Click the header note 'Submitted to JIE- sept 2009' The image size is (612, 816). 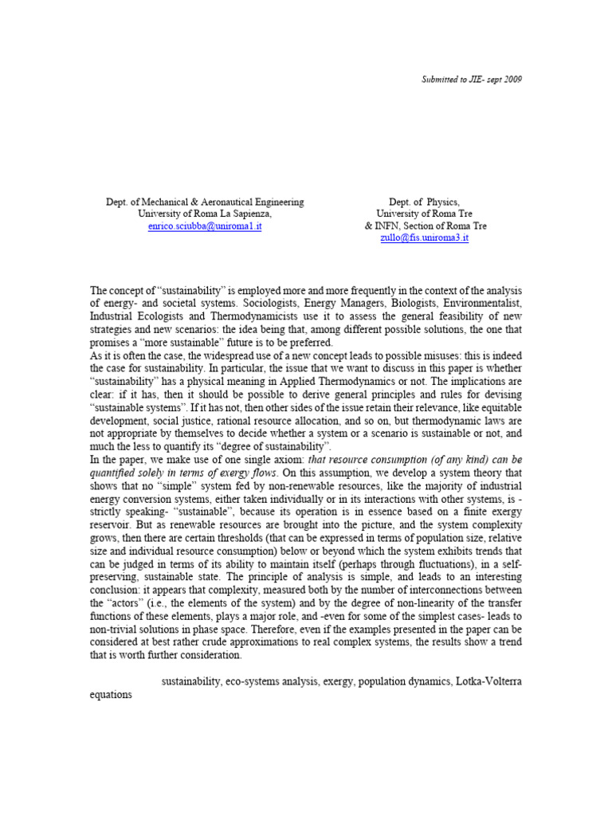[471, 79]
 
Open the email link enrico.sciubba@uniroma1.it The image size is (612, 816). [205, 226]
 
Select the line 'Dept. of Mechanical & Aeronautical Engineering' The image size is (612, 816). [205, 202]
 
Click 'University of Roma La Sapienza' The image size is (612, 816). [204, 214]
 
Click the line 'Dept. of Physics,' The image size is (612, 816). [424, 202]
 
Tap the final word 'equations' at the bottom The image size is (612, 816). [111, 694]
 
